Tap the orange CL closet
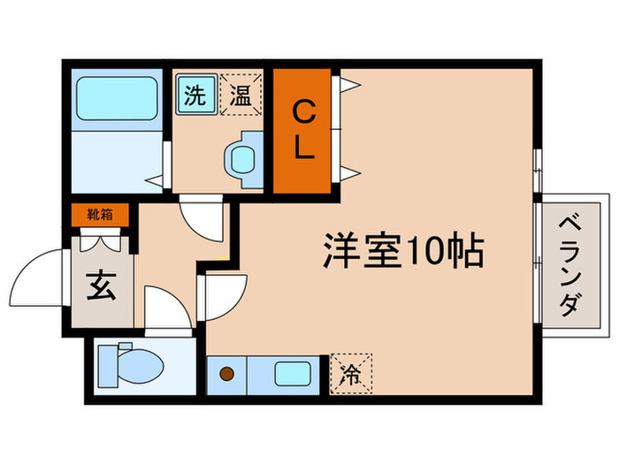click(302, 131)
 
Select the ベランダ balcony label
click(568, 267)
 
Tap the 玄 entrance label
click(99, 288)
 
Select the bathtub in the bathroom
click(117, 100)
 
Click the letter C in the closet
click(302, 112)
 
